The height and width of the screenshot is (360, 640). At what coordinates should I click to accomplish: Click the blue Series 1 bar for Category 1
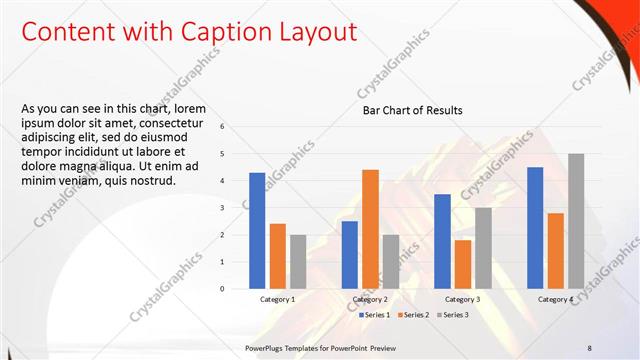(x=257, y=230)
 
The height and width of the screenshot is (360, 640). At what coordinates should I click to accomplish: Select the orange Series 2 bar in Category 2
(x=370, y=228)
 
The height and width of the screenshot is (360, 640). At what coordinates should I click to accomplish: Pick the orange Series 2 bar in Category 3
(x=462, y=264)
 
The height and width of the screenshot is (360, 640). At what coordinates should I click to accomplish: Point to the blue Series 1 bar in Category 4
(x=535, y=227)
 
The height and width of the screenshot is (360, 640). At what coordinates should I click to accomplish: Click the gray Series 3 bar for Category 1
(x=298, y=261)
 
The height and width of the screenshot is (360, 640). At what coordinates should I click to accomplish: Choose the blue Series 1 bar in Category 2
(x=349, y=254)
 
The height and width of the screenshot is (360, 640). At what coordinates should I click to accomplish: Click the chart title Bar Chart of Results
(x=412, y=110)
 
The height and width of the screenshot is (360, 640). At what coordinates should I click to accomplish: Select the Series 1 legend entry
(x=375, y=315)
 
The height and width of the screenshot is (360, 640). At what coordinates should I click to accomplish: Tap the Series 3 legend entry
(x=452, y=315)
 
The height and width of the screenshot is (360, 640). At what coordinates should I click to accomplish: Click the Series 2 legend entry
(x=414, y=315)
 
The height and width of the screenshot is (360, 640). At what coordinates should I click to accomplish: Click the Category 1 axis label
(x=277, y=299)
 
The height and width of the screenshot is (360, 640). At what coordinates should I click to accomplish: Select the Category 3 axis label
(x=462, y=299)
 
